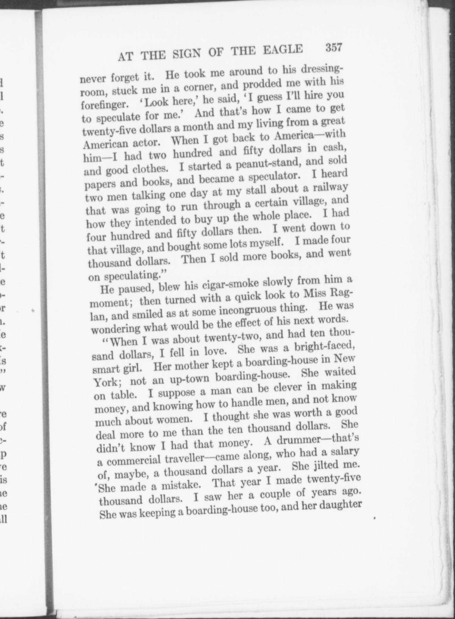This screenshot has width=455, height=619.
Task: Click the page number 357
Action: tap(334, 48)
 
